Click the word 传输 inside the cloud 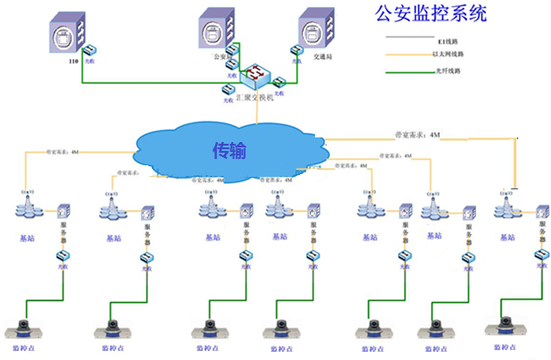[x=229, y=149]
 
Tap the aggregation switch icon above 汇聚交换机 [x=257, y=73]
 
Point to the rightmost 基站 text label [x=507, y=237]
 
